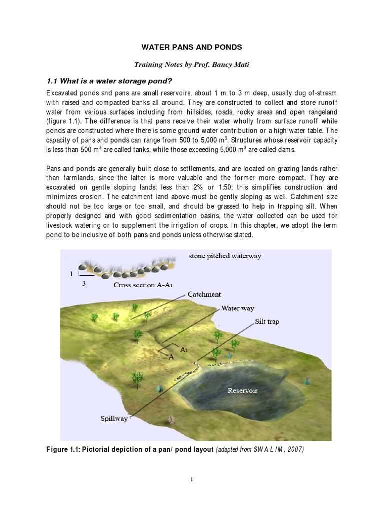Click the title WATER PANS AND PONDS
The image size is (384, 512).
coord(192,47)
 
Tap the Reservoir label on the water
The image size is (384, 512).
coord(242,390)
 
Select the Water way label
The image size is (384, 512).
coord(238,308)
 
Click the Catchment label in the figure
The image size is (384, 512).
coord(204,295)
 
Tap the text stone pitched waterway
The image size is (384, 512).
coord(225,256)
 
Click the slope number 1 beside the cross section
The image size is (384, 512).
coord(71,274)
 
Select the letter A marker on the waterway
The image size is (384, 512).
coord(171,356)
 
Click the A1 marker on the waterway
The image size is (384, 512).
coord(184,349)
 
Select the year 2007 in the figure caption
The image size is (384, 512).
coord(294,449)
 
